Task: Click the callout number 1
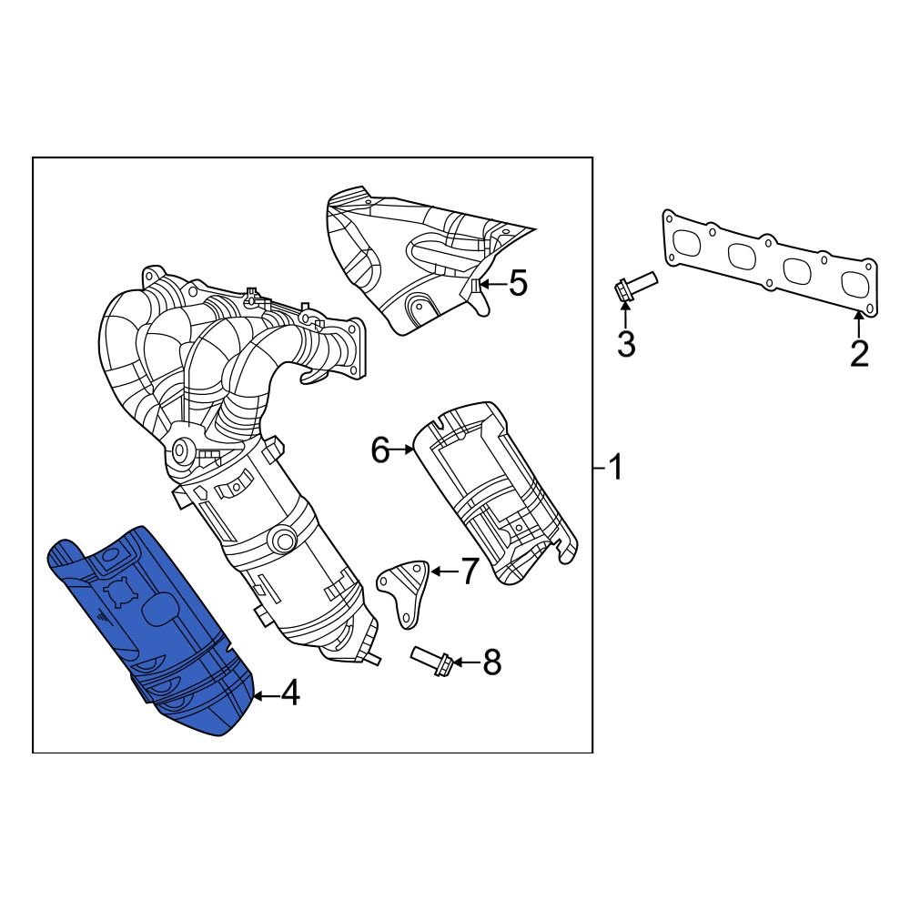click(616, 469)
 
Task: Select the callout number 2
click(859, 352)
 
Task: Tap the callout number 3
click(626, 344)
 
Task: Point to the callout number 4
click(289, 695)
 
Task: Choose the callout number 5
click(517, 284)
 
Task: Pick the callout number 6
click(380, 449)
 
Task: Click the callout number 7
click(469, 571)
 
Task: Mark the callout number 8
click(491, 663)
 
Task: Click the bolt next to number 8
click(431, 661)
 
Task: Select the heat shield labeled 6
click(491, 491)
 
